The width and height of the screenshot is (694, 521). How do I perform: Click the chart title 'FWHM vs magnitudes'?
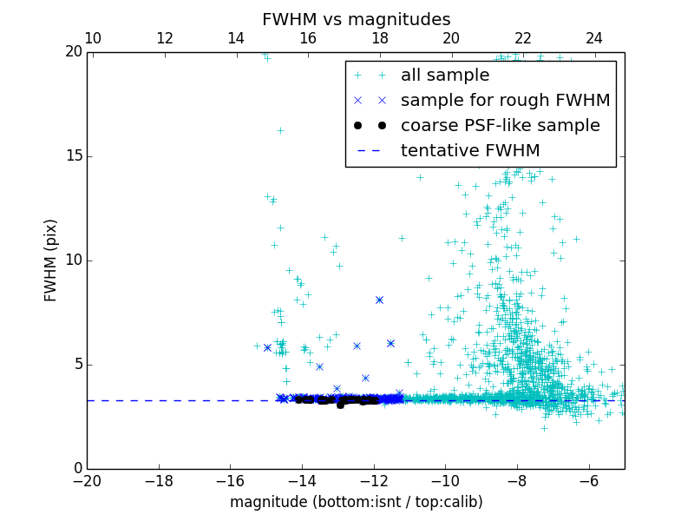point(356,19)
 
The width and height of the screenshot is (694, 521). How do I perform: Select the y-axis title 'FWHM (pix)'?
point(51,260)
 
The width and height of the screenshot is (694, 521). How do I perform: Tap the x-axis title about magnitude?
point(356,502)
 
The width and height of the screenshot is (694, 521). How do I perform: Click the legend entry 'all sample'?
point(444,76)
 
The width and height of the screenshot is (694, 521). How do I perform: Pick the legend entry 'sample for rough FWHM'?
point(505,101)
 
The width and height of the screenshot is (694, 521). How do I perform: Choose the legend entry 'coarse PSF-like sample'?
point(500,126)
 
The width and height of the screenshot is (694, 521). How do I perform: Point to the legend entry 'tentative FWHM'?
point(469,151)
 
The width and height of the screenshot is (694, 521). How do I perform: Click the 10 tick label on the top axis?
point(93,39)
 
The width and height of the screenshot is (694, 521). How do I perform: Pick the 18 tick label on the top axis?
point(379,39)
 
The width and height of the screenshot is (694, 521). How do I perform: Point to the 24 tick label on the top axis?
point(594,39)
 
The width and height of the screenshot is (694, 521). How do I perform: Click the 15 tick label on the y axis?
point(73,156)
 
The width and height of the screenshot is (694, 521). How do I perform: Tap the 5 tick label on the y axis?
point(77,365)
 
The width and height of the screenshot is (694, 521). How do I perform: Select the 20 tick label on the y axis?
point(73,52)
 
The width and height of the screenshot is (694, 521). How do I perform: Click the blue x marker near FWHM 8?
point(379,300)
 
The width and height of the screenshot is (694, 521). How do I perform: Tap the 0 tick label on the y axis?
point(77,469)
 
